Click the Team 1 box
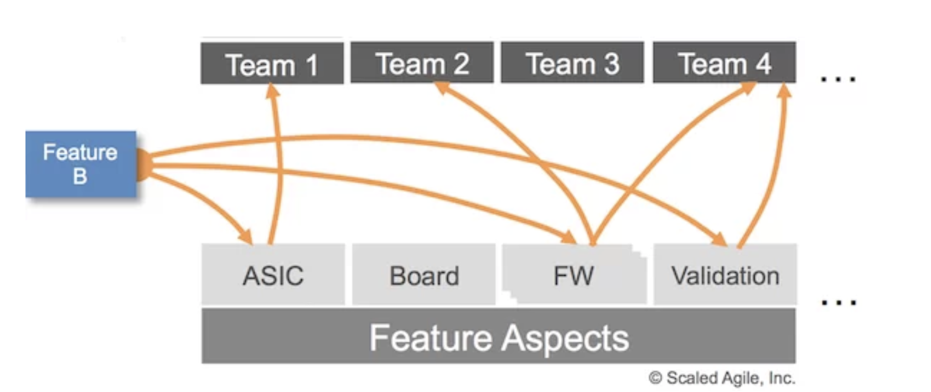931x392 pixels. (x=272, y=63)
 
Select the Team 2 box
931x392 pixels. (x=422, y=63)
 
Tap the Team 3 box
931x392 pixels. (x=572, y=63)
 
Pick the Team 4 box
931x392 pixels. (x=725, y=63)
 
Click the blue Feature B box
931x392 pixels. (x=81, y=164)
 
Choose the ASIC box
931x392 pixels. (x=273, y=275)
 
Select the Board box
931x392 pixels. (x=424, y=275)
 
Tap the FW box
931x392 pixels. (x=575, y=275)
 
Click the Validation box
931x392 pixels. (x=725, y=275)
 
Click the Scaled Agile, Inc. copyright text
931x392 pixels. (x=722, y=378)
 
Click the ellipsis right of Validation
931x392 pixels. (x=839, y=302)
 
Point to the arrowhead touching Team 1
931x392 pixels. (x=272, y=90)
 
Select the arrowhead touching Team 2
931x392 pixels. (x=442, y=87)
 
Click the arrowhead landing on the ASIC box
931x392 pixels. (x=246, y=236)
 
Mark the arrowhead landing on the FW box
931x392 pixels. (x=568, y=237)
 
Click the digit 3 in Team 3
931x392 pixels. (x=612, y=64)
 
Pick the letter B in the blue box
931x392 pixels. (x=80, y=176)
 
